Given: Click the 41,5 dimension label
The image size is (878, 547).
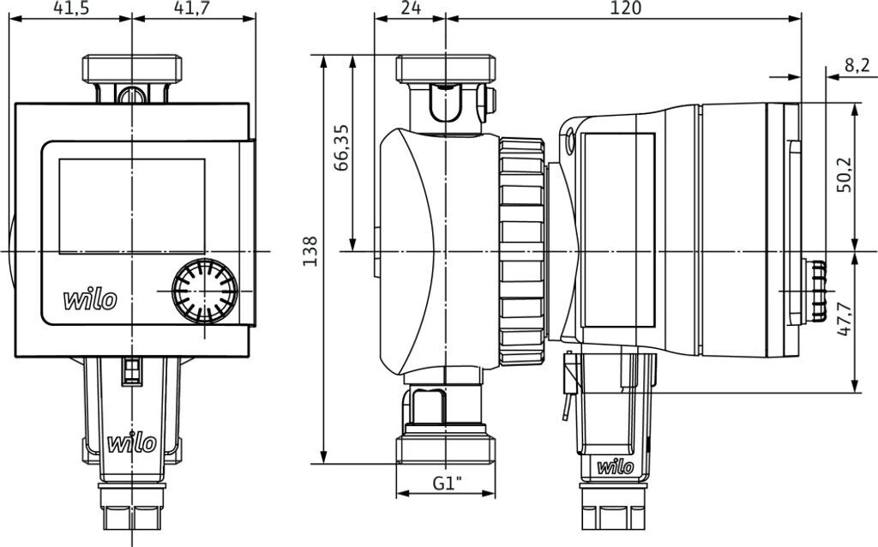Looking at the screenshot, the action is tap(71, 8).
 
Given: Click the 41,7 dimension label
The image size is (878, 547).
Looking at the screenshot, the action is tap(193, 8).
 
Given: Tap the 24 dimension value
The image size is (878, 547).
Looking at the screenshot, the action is tap(411, 8).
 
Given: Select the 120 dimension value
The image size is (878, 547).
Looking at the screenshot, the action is tap(626, 8).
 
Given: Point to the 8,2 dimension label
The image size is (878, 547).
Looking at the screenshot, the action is tap(857, 65).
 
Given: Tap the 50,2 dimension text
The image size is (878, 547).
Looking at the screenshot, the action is tap(844, 175).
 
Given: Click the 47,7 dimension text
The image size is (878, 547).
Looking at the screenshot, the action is tap(844, 319).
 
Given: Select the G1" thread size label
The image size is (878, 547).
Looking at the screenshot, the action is tap(448, 483).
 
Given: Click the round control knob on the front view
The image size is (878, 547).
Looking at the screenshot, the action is tap(205, 292).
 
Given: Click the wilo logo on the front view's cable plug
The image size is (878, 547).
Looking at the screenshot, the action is tap(132, 443).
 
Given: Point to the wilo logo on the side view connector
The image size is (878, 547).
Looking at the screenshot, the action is tap(616, 466).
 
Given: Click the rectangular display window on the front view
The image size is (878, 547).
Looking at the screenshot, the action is tap(132, 206).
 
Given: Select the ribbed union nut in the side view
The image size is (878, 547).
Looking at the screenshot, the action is tap(522, 251).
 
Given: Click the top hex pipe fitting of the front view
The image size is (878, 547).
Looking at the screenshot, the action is tap(132, 69).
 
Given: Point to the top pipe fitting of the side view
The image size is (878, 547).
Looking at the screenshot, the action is tap(446, 69).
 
